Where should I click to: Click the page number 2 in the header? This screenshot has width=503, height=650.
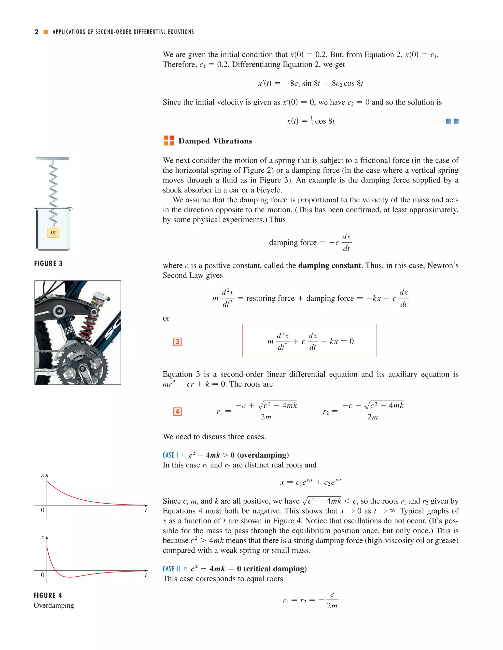37,32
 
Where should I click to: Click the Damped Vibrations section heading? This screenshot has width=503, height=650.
215,141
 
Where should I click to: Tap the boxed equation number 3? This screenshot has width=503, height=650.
177,341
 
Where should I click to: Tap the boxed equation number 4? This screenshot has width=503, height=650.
177,411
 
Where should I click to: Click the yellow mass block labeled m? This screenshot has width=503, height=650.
53,233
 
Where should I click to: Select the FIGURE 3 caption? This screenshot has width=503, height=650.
48,263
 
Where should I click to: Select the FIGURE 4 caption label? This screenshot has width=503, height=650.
48,595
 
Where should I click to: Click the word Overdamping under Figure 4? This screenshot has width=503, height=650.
54,605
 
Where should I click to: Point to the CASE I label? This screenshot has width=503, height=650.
170,455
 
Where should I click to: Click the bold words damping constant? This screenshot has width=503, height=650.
329,265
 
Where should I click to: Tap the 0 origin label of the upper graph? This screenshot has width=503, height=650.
42,510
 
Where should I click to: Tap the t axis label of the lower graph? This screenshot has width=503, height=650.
146,575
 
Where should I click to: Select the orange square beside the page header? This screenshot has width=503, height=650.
46,32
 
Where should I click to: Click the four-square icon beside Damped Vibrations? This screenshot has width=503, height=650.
169,141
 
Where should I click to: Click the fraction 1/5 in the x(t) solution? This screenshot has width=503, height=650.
311,121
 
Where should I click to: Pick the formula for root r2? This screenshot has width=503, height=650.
363,411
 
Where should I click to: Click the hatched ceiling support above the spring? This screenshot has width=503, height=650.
53,159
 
